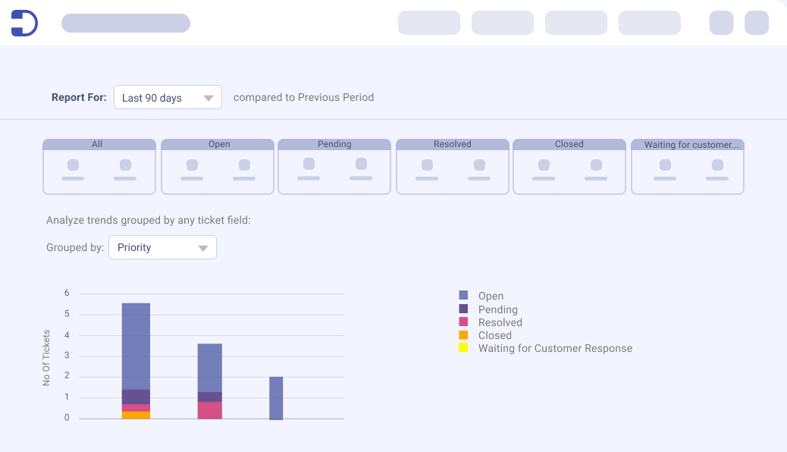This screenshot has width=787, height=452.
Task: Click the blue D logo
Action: coord(24,23)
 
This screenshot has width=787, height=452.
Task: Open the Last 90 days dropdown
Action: coord(168,97)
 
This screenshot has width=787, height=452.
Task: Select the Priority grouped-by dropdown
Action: coord(162,247)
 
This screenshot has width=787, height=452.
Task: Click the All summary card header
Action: coord(99,144)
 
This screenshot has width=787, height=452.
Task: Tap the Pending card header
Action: coord(334,144)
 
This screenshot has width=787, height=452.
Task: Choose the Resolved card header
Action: coord(452,144)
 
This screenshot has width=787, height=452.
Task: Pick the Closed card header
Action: coord(569,144)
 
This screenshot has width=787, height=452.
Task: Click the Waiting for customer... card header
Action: coord(688,145)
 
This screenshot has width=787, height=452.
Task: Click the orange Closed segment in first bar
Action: coord(136,416)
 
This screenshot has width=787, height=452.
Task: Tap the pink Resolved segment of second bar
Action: coord(210,410)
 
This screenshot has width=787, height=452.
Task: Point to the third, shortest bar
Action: coord(276,398)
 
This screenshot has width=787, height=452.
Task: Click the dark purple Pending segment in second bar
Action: coord(210,397)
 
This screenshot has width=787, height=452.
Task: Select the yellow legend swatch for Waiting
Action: coord(463,347)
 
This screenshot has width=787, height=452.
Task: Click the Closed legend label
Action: coord(495,335)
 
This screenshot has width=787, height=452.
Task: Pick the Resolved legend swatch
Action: coord(463,322)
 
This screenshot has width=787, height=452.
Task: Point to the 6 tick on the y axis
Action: coord(67,293)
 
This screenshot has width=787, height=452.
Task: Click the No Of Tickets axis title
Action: coord(46,358)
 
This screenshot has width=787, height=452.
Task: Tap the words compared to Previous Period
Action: coord(304,97)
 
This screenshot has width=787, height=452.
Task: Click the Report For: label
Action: coord(79,97)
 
